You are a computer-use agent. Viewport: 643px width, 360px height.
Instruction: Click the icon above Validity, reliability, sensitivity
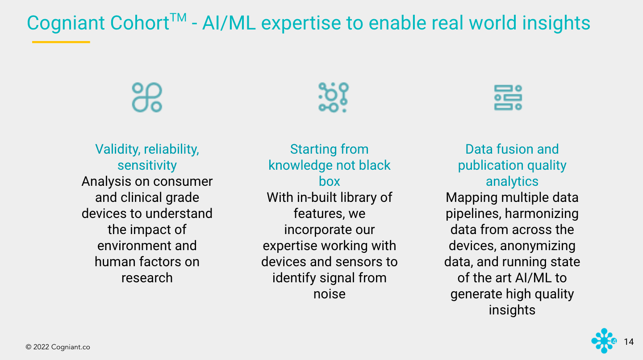(147, 97)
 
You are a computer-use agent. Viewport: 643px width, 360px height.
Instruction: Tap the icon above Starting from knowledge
(333, 97)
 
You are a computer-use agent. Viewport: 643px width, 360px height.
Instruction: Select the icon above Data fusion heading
(508, 97)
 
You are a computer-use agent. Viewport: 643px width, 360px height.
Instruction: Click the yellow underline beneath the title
(61, 42)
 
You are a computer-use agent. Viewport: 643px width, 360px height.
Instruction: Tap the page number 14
(628, 342)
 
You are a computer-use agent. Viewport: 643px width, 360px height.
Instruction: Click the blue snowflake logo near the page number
(603, 341)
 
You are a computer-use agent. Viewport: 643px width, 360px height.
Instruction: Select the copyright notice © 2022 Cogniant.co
(58, 347)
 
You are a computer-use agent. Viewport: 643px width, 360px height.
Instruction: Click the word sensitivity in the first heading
(147, 165)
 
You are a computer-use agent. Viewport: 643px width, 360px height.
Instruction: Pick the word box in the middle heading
(329, 181)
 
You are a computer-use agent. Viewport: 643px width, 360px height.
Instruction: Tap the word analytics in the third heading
(512, 181)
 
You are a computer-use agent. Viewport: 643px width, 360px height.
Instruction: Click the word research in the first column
(147, 278)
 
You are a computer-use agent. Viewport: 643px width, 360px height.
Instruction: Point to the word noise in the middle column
(329, 294)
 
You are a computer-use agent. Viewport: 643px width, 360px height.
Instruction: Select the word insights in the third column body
(512, 310)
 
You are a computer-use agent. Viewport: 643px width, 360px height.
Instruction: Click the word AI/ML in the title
(229, 23)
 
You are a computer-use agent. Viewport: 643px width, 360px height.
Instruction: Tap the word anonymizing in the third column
(538, 246)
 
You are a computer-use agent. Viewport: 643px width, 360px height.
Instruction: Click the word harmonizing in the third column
(541, 213)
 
